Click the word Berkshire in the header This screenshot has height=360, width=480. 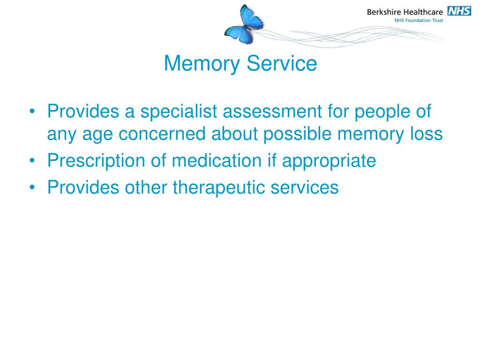click(385, 12)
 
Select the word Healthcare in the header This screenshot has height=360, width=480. click(424, 12)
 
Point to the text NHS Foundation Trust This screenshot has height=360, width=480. click(419, 21)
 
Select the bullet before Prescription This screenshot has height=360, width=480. click(31, 161)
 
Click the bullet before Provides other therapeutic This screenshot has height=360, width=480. click(31, 187)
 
